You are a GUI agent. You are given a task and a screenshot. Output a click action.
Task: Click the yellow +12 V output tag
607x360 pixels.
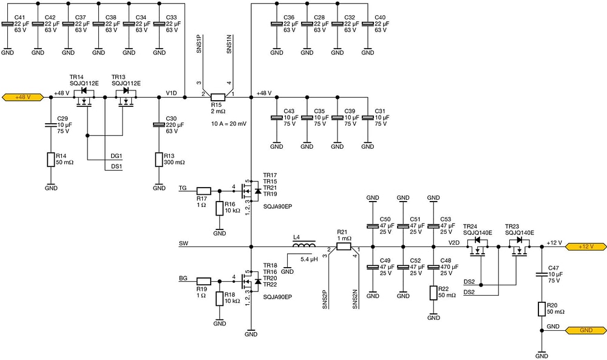584,246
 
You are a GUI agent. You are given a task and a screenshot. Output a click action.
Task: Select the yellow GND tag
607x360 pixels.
584,330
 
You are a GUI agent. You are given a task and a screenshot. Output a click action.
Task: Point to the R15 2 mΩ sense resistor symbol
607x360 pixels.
218,97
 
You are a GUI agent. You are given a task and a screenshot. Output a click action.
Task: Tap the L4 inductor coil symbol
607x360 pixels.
304,246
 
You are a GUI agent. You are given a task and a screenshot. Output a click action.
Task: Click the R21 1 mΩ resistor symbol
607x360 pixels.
344,246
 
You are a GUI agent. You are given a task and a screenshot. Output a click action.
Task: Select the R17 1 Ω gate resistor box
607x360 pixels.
204,190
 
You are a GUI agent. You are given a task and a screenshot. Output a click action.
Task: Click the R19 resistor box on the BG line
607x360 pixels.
204,281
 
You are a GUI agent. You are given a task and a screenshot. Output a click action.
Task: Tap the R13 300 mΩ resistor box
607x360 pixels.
159,160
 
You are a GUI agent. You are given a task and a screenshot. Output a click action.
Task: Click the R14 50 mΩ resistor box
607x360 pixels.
51,160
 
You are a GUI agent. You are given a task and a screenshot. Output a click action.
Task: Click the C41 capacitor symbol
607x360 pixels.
7,24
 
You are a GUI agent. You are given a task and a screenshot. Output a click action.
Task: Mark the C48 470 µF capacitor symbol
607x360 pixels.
433,267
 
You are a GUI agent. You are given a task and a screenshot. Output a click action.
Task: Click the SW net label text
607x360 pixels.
183,243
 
